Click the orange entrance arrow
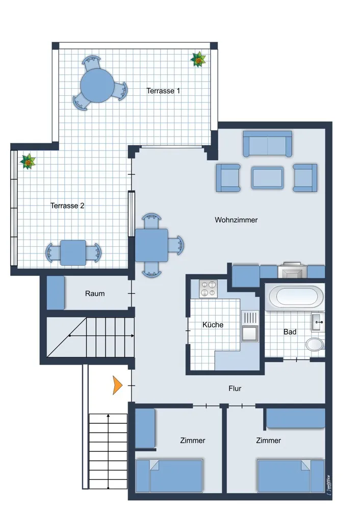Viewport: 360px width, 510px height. (x=117, y=385)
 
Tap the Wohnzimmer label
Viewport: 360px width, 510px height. (x=236, y=220)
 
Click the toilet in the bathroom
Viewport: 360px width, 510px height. (x=315, y=344)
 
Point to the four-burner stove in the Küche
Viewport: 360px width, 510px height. (x=208, y=289)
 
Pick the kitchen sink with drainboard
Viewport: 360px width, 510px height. (x=250, y=326)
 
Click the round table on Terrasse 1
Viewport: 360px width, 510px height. (x=97, y=86)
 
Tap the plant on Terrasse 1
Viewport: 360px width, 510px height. (x=198, y=59)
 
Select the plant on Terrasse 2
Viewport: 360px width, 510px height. (x=28, y=161)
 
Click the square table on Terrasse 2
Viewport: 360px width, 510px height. (x=73, y=253)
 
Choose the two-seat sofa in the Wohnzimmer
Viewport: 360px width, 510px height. (x=267, y=144)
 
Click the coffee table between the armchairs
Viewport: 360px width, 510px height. (x=267, y=177)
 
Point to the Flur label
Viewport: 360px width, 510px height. (x=235, y=388)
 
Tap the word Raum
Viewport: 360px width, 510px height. (x=95, y=293)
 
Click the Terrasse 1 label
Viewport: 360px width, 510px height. (x=163, y=91)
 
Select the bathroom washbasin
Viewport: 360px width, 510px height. (x=318, y=322)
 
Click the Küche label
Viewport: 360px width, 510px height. (x=213, y=324)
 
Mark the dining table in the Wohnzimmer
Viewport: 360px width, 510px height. (x=151, y=245)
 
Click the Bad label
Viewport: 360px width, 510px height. (x=290, y=332)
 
